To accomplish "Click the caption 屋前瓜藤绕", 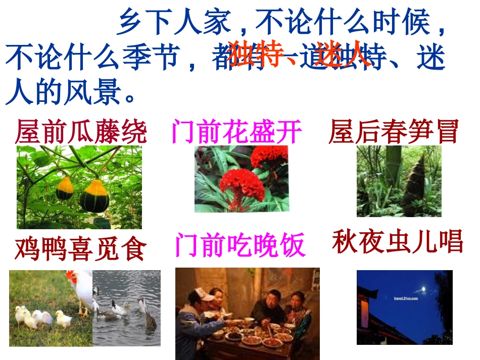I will (81, 132).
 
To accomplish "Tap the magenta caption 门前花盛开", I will (236, 132).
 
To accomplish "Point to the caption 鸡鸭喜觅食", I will (80, 248).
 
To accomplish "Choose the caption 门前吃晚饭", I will (240, 245).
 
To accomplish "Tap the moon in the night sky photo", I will (423, 289).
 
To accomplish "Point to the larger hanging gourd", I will (94, 196).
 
